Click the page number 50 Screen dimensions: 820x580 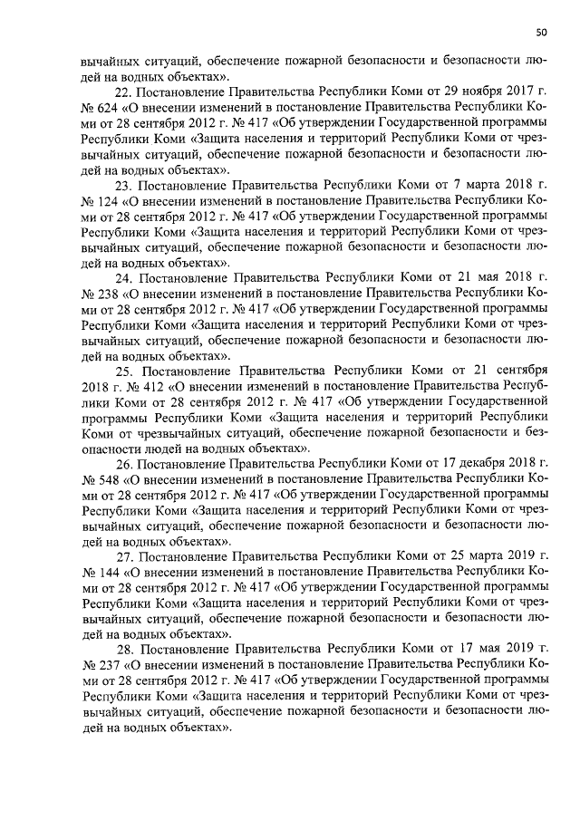point(541,34)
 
